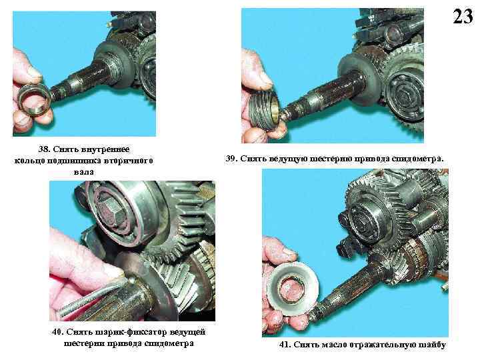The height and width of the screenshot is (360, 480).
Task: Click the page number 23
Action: tap(463, 17)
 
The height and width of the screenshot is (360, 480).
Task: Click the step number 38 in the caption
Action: tap(44, 149)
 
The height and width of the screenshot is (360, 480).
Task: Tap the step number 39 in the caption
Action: tap(231, 159)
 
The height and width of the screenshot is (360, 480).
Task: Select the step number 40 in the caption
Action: tap(57, 332)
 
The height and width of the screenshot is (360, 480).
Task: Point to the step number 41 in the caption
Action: tap(285, 345)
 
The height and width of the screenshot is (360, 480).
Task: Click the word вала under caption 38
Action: tap(84, 172)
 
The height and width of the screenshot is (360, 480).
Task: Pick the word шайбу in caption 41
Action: tap(432, 345)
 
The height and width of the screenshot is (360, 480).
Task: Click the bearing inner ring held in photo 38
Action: tap(34, 99)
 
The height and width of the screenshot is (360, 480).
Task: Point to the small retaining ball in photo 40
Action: tap(131, 279)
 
